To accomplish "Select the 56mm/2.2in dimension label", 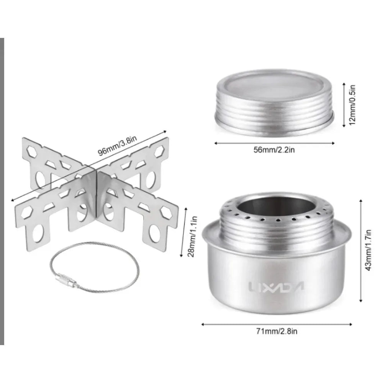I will pyautogui.click(x=274, y=150).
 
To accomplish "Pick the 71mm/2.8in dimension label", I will pyautogui.click(x=277, y=331).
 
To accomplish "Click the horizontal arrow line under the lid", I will pyautogui.click(x=274, y=143).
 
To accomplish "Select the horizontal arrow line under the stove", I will pyautogui.click(x=277, y=324).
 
